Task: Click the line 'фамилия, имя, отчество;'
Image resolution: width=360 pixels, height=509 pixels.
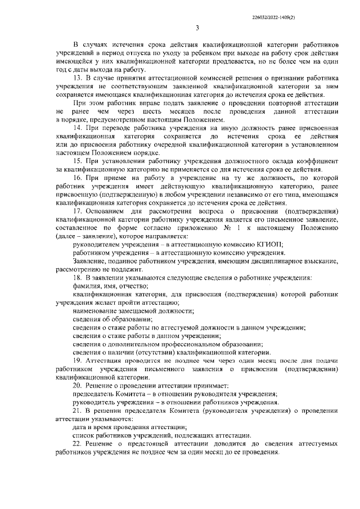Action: (x=109, y=286)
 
